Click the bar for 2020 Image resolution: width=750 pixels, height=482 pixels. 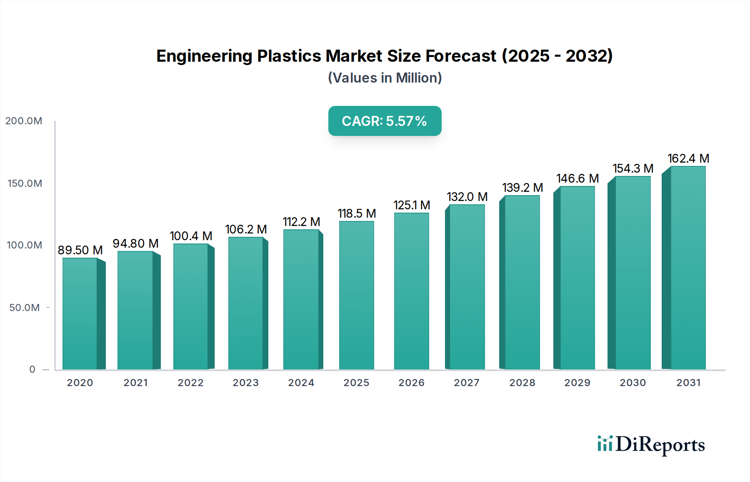(x=80, y=314)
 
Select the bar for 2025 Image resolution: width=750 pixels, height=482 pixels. (x=357, y=295)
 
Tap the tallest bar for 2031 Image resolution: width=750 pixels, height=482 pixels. (x=687, y=268)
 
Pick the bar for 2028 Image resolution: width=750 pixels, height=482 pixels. (x=522, y=282)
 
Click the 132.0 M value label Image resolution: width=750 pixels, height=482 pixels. (x=467, y=197)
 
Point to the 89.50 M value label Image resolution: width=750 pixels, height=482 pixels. (x=80, y=250)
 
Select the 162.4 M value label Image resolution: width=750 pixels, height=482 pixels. (x=688, y=158)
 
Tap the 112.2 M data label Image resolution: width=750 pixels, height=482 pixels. (x=301, y=222)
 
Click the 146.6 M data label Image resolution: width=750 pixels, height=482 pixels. (x=577, y=178)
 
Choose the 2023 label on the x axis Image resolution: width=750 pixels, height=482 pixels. (x=246, y=383)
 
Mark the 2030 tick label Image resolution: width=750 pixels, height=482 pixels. (x=632, y=383)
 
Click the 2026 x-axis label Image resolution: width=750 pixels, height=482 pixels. (x=411, y=383)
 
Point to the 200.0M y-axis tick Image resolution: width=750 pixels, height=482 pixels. (x=24, y=121)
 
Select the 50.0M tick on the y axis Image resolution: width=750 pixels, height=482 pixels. (x=25, y=308)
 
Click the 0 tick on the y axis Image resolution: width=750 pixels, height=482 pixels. (x=32, y=369)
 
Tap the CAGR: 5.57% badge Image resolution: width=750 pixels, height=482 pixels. (x=385, y=121)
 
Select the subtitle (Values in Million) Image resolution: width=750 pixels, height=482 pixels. (x=385, y=78)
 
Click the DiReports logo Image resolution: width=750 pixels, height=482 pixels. (x=651, y=444)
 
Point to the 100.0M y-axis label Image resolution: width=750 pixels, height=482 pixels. (x=25, y=245)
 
